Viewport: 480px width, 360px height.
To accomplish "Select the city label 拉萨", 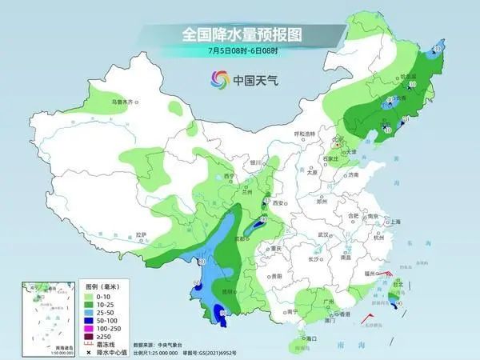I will point(142,234).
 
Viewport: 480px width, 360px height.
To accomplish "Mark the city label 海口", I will point(302,338).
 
